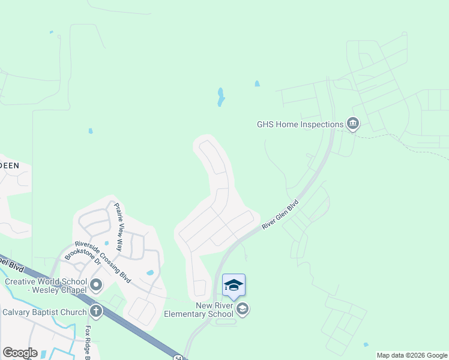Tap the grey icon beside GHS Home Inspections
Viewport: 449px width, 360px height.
click(352, 124)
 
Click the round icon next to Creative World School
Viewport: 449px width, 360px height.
click(96, 284)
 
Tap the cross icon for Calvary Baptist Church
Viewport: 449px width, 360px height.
click(95, 311)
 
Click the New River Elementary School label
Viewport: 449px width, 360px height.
click(206, 310)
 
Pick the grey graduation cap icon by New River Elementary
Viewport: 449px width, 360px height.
click(243, 310)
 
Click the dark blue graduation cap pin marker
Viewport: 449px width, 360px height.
click(234, 285)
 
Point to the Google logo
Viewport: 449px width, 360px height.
click(20, 353)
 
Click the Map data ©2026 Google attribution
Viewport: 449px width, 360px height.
click(412, 355)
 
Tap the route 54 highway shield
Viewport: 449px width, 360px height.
click(178, 357)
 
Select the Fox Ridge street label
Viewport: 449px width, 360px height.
click(88, 343)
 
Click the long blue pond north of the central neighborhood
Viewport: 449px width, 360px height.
click(220, 97)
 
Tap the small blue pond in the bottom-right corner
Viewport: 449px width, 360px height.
click(366, 345)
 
